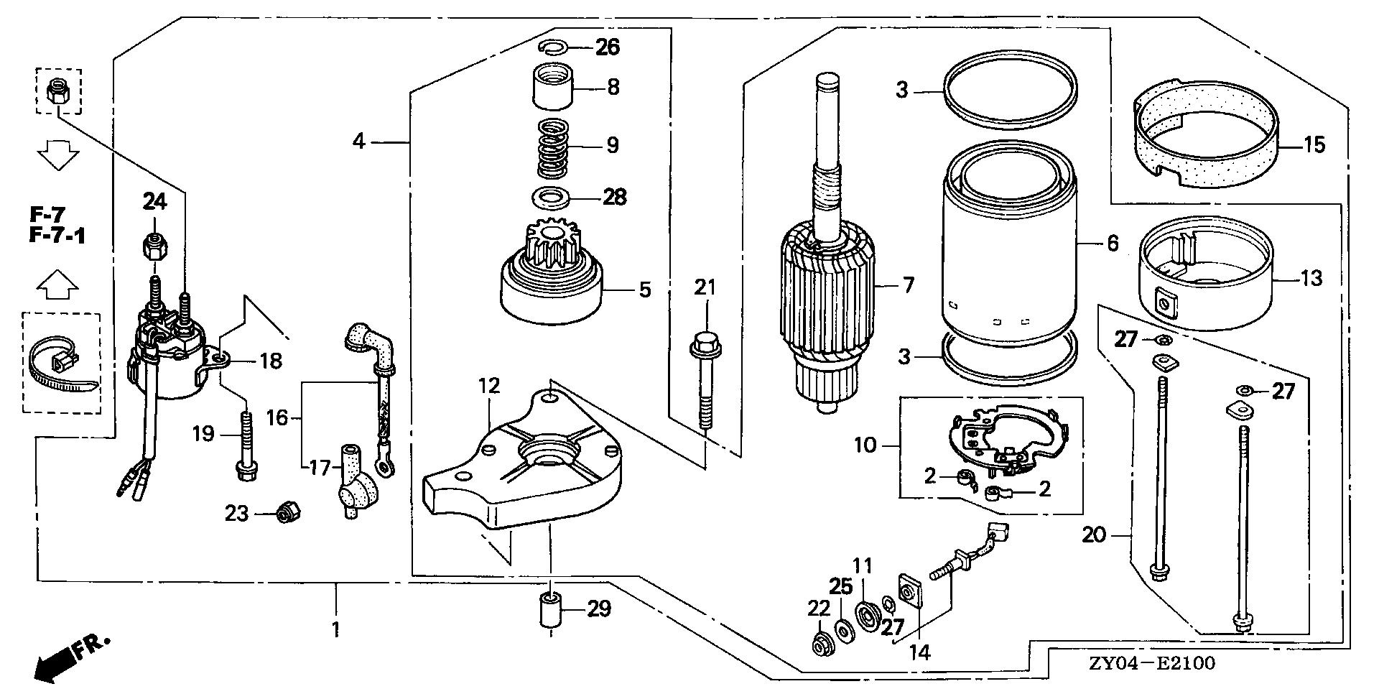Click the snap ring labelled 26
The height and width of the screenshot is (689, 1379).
(x=553, y=47)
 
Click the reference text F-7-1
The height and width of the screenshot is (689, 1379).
(x=57, y=235)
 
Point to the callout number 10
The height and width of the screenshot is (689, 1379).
(x=865, y=445)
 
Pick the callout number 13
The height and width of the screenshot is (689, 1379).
(x=1311, y=277)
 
